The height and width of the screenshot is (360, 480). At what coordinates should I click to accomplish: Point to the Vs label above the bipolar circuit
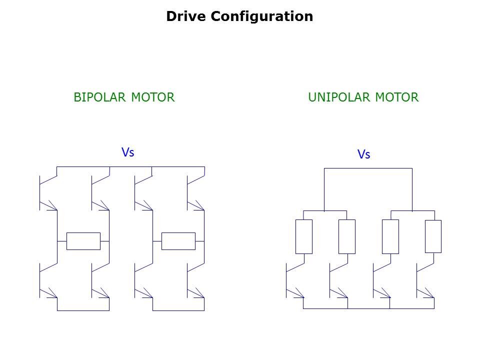coord(128,152)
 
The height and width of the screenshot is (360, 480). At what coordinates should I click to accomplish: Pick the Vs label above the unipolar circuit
coord(364,154)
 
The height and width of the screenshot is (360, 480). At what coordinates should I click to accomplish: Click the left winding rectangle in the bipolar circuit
coord(83,241)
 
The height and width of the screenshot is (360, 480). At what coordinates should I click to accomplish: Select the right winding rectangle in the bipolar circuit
coord(178,241)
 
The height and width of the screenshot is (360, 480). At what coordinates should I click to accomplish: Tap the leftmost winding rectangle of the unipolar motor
coord(304,236)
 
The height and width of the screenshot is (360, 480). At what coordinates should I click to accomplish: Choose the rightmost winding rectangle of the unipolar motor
coord(433,236)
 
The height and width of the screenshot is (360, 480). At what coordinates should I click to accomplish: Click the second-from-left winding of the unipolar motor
coord(347,236)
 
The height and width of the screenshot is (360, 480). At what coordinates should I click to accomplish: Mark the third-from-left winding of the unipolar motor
coord(390,236)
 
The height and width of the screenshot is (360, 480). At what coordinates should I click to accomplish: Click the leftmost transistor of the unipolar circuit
coord(294,281)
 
